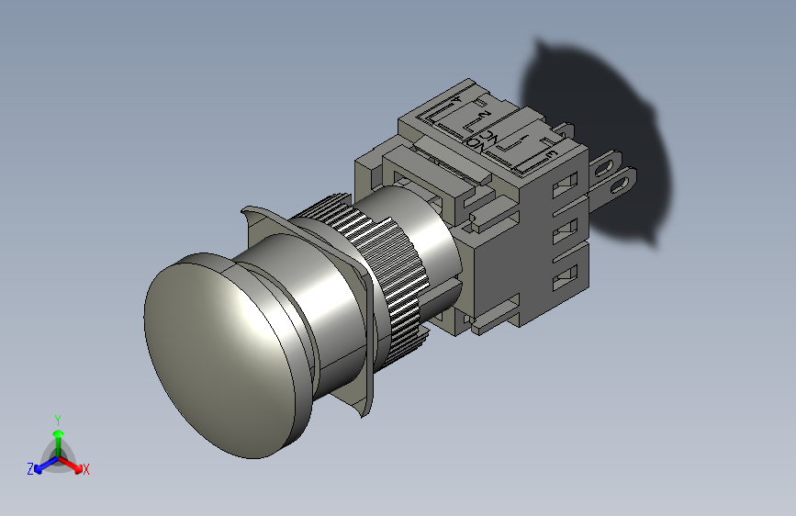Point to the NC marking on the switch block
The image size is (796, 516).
[x=494, y=138]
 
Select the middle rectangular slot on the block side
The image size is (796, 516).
[x=566, y=229]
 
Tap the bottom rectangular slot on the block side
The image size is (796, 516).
[x=567, y=274]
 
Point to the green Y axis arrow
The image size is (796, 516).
[x=58, y=432]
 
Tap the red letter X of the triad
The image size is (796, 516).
[x=86, y=470]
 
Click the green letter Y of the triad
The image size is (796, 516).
[x=58, y=418]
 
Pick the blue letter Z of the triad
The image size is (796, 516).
[x=30, y=469]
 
